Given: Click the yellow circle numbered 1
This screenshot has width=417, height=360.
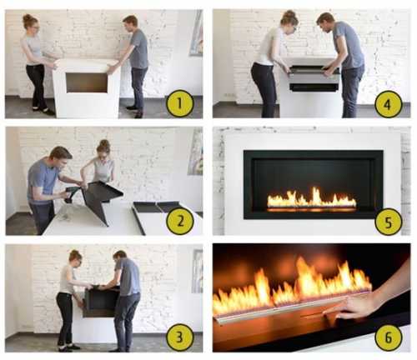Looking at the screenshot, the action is [180, 103].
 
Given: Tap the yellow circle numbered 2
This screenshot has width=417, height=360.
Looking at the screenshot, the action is [180, 221].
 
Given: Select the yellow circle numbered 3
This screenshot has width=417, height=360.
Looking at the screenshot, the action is [180, 337].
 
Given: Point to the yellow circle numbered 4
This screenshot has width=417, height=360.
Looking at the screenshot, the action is [389, 105].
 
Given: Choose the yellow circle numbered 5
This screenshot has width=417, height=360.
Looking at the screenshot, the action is [389, 222].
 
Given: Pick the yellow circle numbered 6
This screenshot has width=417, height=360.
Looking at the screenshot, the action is [389, 337].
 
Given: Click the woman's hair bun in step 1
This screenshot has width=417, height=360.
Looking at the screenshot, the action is [28, 17].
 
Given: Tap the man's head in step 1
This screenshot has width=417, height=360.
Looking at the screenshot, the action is [130, 23].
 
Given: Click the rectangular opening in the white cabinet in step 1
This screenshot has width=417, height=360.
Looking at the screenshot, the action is [87, 82].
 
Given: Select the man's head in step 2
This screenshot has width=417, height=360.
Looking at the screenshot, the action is [61, 157].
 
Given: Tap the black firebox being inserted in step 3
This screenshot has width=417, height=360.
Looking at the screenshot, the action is [101, 302].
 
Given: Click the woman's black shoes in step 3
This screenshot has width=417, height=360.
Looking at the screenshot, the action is [68, 347].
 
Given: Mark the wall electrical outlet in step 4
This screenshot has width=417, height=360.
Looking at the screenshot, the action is [230, 96].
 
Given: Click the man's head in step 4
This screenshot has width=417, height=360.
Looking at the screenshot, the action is [324, 22].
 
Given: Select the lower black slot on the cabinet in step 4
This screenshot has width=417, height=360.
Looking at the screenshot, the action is [314, 87].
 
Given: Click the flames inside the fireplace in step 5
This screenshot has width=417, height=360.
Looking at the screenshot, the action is [311, 197].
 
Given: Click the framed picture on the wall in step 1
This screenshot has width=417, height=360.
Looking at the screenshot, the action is [197, 32].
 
